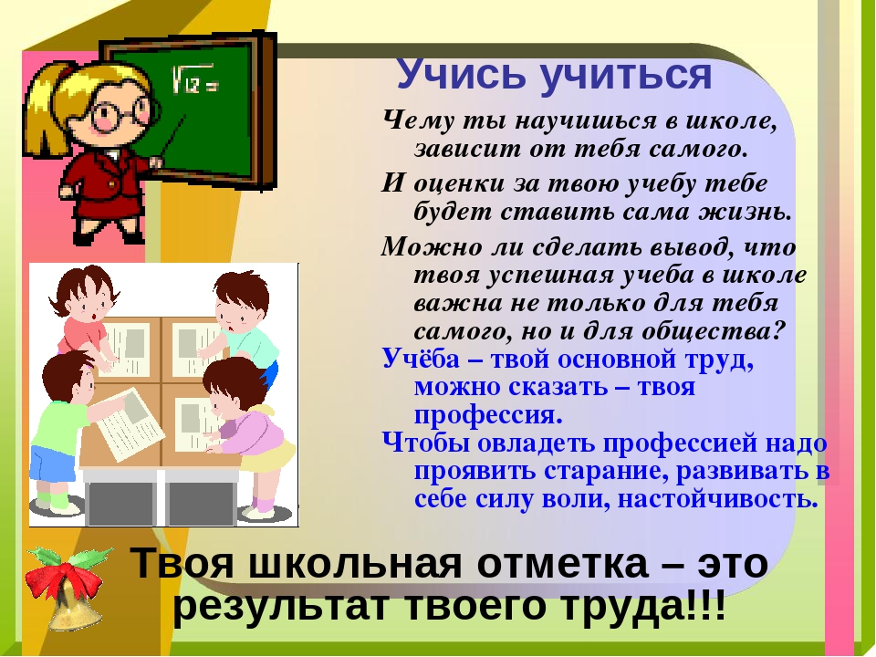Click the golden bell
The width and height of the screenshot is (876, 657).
point(74,608)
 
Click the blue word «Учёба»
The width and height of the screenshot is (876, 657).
point(420,359)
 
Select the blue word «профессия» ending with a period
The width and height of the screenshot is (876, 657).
point(488,416)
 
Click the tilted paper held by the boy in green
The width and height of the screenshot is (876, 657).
point(130,422)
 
